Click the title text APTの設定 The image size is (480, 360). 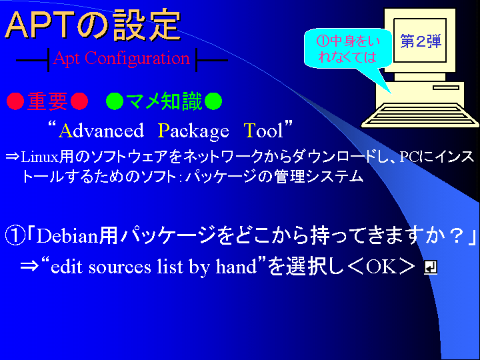pyautogui.click(x=93, y=26)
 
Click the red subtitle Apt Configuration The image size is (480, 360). pyautogui.click(x=121, y=58)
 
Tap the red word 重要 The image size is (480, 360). pyautogui.click(x=47, y=101)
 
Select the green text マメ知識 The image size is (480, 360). pyautogui.click(x=164, y=101)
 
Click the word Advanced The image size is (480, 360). pyautogui.click(x=101, y=131)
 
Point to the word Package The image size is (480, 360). pyautogui.click(x=193, y=131)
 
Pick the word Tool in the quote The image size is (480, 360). pyautogui.click(x=263, y=131)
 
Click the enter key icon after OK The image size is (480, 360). pyautogui.click(x=430, y=267)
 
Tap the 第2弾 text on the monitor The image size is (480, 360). pyautogui.click(x=421, y=41)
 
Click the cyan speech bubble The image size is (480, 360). pyautogui.click(x=347, y=49)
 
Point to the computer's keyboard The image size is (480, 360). pyautogui.click(x=420, y=115)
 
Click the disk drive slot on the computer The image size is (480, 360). pyautogui.click(x=446, y=87)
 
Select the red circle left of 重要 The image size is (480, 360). pyautogui.click(x=15, y=101)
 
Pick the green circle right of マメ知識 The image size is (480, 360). pyautogui.click(x=213, y=101)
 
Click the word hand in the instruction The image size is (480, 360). pyautogui.click(x=236, y=267)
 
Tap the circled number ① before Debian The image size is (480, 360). pyautogui.click(x=15, y=236)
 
